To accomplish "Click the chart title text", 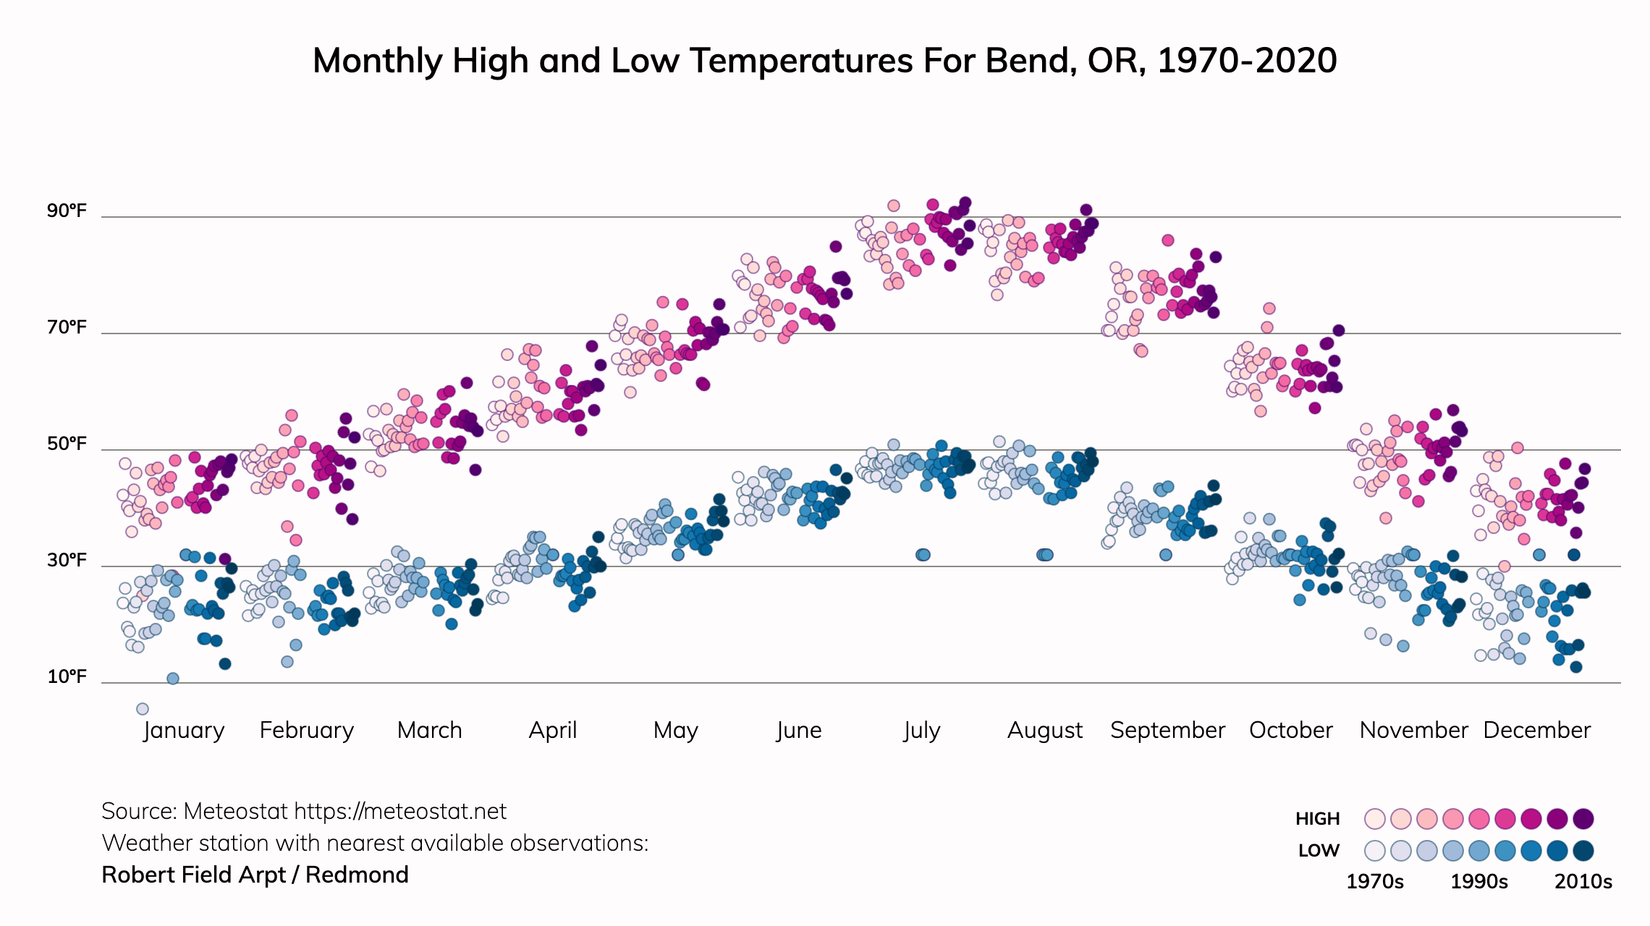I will click(x=824, y=61).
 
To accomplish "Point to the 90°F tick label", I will click(x=67, y=211).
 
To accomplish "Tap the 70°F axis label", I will click(x=67, y=328).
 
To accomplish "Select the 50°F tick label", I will click(x=67, y=444).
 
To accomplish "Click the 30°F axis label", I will click(x=67, y=561).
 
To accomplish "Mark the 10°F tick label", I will click(x=67, y=677).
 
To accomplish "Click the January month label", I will click(x=184, y=731).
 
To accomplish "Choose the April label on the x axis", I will click(x=553, y=731).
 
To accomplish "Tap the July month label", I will click(x=921, y=731).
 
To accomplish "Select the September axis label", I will click(x=1167, y=731).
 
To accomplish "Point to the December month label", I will click(x=1536, y=731).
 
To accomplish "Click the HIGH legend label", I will click(x=1317, y=819).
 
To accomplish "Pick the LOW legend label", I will click(x=1319, y=851).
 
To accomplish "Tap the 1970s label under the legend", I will click(x=1374, y=882).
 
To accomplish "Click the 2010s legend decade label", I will click(x=1583, y=882).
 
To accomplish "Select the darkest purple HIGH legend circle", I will click(x=1583, y=819).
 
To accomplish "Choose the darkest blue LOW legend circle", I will click(x=1583, y=851).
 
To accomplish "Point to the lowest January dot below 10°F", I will click(x=143, y=709).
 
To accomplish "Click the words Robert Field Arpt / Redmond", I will click(x=255, y=875).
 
